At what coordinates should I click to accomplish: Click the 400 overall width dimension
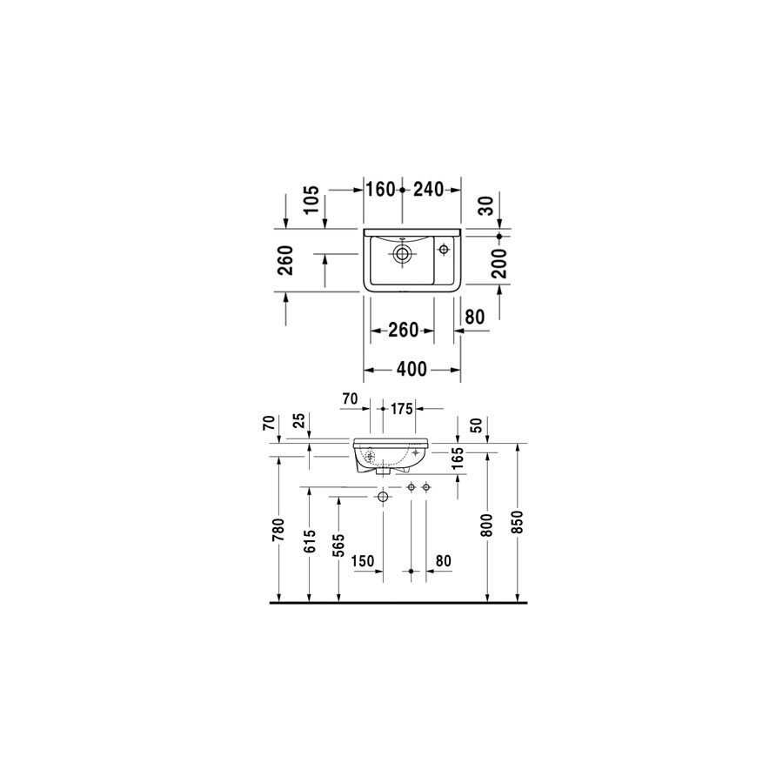pos(412,370)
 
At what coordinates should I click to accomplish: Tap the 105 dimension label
pos(311,199)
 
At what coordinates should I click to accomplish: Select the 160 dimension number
pos(380,190)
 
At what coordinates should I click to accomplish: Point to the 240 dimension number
pos(428,190)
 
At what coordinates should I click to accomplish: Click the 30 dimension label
pos(485,205)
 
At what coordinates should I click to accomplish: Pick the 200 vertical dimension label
pos(499,263)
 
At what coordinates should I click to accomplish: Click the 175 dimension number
pos(401,409)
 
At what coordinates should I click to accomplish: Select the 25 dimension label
pos(299,420)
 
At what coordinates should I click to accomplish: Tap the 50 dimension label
pos(477,425)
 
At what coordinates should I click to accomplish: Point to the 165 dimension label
pos(457,458)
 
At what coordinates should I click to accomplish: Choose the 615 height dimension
pos(310,541)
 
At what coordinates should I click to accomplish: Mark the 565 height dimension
pos(339,545)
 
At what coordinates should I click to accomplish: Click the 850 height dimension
pos(518,522)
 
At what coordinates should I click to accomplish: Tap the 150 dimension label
pos(363,561)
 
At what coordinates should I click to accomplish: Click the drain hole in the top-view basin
pos(402,254)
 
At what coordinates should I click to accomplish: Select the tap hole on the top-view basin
pos(444,249)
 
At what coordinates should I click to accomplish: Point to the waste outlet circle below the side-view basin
pos(383,497)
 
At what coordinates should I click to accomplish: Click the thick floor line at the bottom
pos(398,603)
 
